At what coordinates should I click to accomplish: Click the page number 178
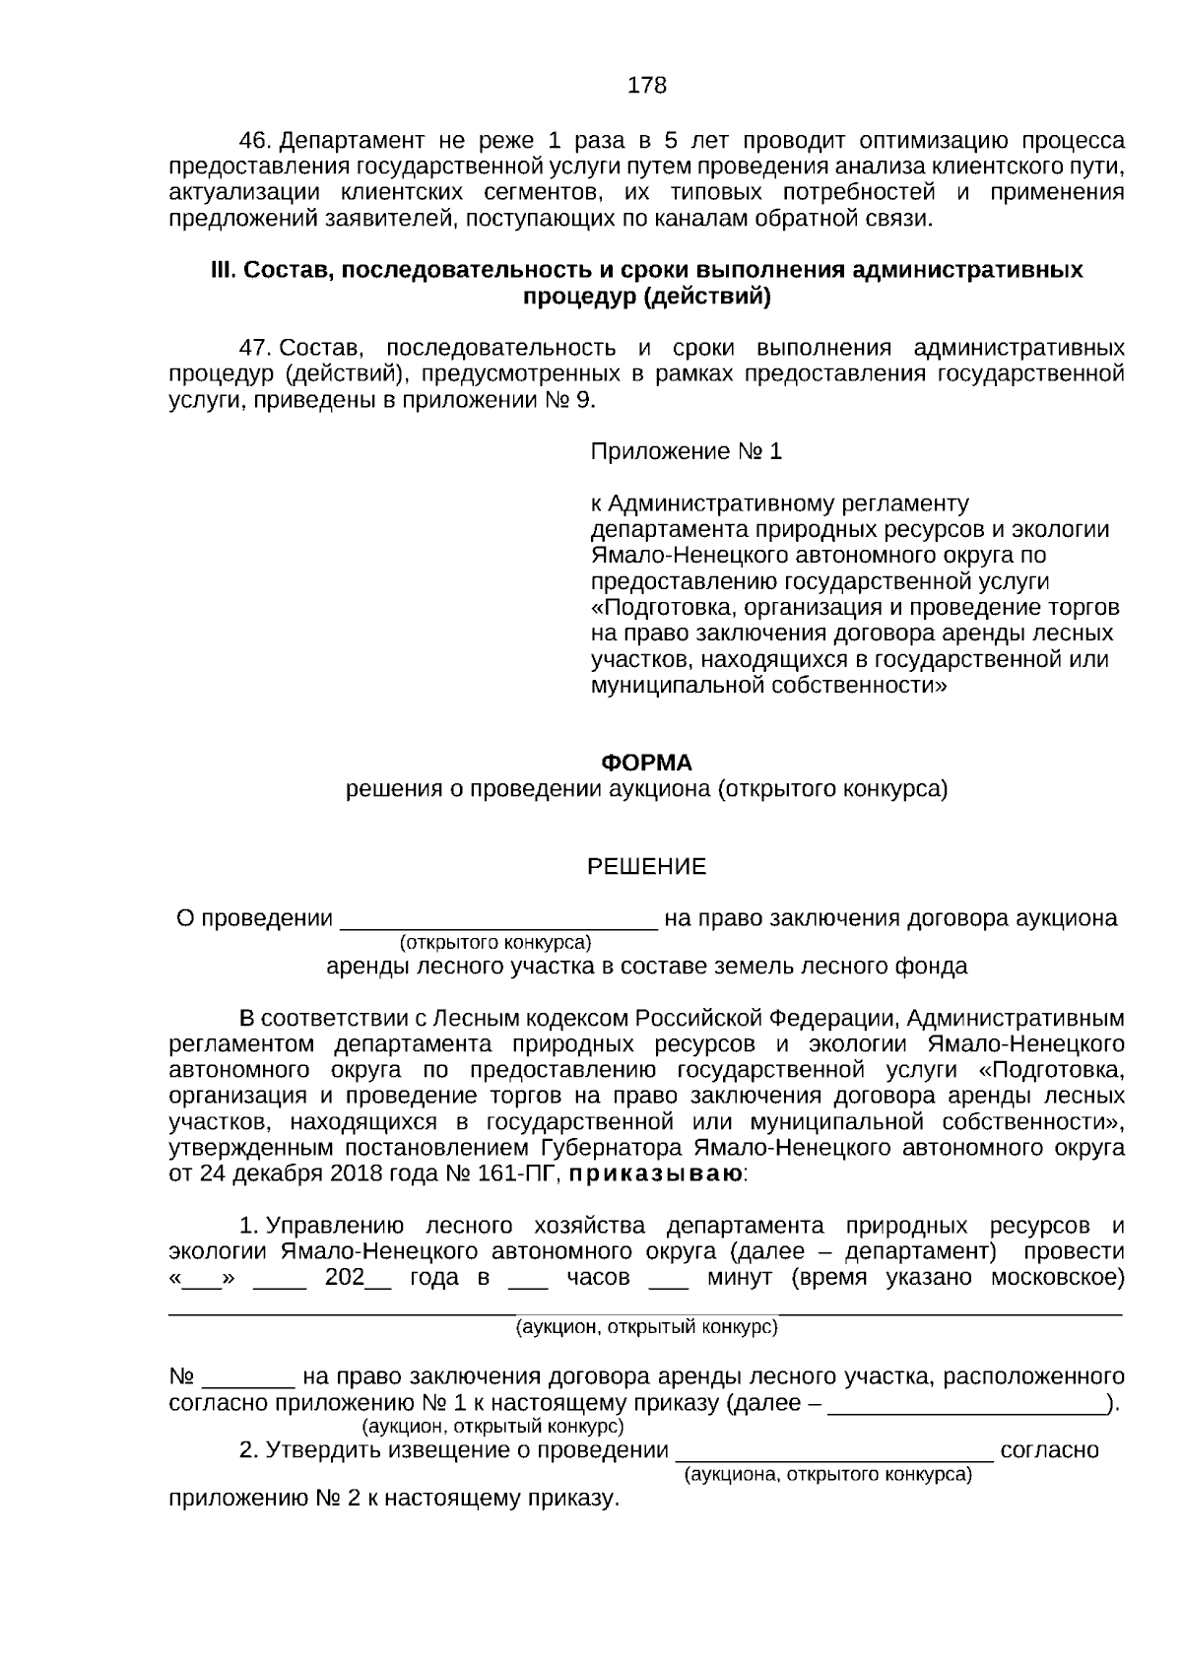point(647,86)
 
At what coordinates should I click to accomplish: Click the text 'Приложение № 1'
point(686,452)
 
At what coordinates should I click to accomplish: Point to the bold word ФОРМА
point(646,764)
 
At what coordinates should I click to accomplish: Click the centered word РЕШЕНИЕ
point(646,867)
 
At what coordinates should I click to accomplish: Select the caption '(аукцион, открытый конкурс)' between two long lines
point(647,1327)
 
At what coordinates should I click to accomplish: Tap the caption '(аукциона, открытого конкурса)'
point(827,1475)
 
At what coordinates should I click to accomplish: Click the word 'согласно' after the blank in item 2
point(1049,1451)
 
